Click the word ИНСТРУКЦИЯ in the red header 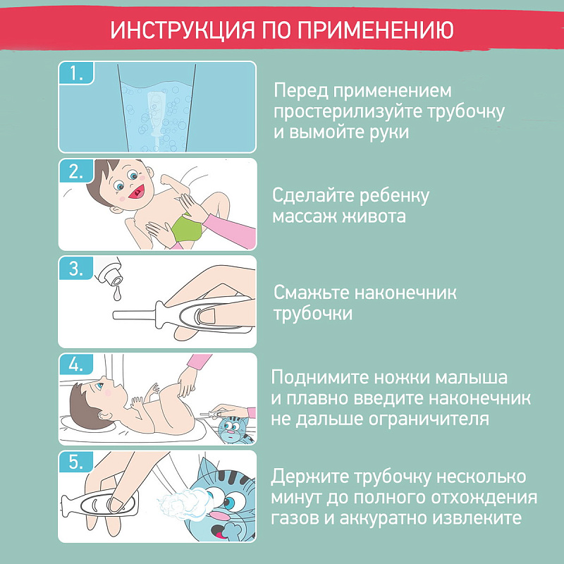[183, 30]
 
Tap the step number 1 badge [76, 73]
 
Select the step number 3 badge [76, 268]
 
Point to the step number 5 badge [76, 462]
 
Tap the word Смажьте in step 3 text [311, 293]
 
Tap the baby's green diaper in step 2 [187, 228]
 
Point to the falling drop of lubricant [116, 293]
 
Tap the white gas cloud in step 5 [182, 503]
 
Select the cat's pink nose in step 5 [219, 516]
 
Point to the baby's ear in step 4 [105, 416]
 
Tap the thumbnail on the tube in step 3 [205, 315]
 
